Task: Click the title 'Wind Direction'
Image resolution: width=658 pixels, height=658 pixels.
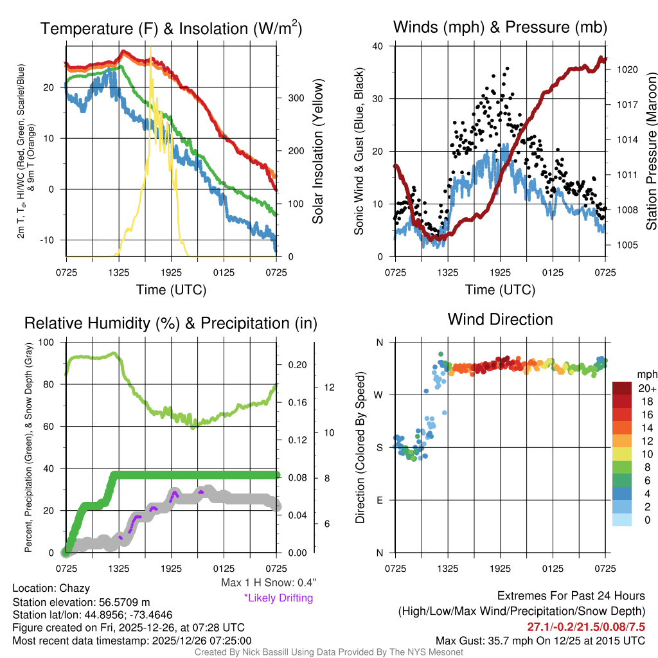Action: pyautogui.click(x=500, y=319)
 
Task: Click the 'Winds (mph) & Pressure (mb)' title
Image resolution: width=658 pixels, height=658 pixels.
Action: pyautogui.click(x=500, y=28)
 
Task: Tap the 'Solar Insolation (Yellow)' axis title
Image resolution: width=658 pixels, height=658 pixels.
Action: pyautogui.click(x=317, y=152)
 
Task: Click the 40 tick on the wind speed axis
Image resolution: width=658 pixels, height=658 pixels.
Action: pyautogui.click(x=378, y=46)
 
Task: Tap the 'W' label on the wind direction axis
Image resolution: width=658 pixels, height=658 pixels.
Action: pyautogui.click(x=379, y=395)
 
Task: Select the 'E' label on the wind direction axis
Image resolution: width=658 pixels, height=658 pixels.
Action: pyautogui.click(x=379, y=500)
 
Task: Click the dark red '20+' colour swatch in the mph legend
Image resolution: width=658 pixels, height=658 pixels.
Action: pyautogui.click(x=624, y=388)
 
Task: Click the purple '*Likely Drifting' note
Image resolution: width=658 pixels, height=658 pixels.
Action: pyautogui.click(x=278, y=598)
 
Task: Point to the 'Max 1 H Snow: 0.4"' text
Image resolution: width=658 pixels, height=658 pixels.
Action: pyautogui.click(x=268, y=583)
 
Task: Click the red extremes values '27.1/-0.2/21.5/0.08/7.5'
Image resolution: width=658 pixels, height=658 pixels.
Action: pyautogui.click(x=586, y=627)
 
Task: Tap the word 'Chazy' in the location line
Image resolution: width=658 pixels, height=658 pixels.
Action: pyautogui.click(x=75, y=588)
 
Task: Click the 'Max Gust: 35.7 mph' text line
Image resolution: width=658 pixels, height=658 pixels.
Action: pyautogui.click(x=540, y=640)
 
